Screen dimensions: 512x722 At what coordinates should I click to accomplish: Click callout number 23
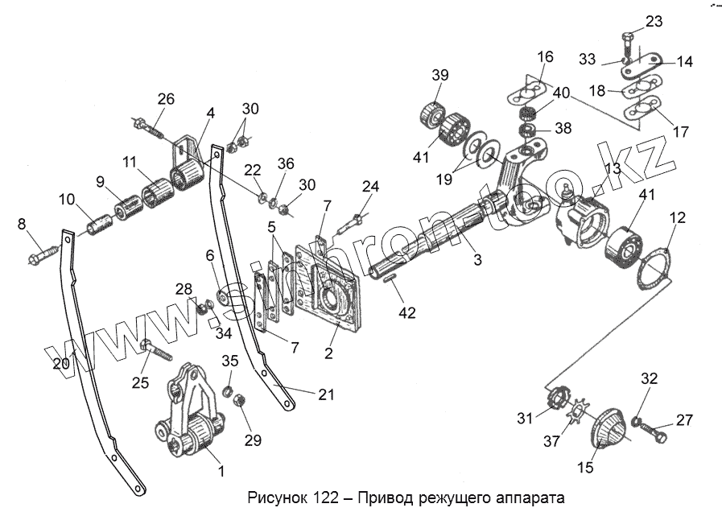coord(654,22)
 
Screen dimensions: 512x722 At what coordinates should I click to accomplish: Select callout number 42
coord(408,312)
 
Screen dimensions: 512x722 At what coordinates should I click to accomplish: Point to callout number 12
coord(678,217)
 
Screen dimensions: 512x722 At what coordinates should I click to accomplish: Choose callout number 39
coord(439,76)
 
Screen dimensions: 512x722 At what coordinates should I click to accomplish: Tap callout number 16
coord(545,57)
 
